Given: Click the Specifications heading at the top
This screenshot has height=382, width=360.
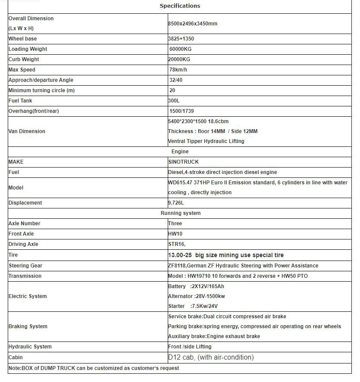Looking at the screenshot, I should point(180,6).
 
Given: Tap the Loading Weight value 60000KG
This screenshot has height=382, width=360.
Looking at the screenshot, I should point(180,49).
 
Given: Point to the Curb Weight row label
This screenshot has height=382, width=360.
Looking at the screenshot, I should point(24,59).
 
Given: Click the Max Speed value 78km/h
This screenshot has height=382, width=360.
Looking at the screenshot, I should point(178,70).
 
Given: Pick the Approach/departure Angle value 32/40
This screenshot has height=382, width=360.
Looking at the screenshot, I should point(175,80).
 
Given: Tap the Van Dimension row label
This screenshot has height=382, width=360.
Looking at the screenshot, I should point(27,131).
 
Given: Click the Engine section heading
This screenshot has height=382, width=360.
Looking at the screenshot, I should point(180,152).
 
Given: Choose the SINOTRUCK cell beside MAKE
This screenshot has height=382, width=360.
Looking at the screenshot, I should point(184,162).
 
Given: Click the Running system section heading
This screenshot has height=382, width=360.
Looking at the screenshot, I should point(181,213).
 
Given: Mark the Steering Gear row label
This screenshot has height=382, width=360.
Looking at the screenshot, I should point(25,266).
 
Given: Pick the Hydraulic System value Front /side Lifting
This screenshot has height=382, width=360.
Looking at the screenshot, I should point(190,347).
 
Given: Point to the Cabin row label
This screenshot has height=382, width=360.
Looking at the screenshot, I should point(15,357).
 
